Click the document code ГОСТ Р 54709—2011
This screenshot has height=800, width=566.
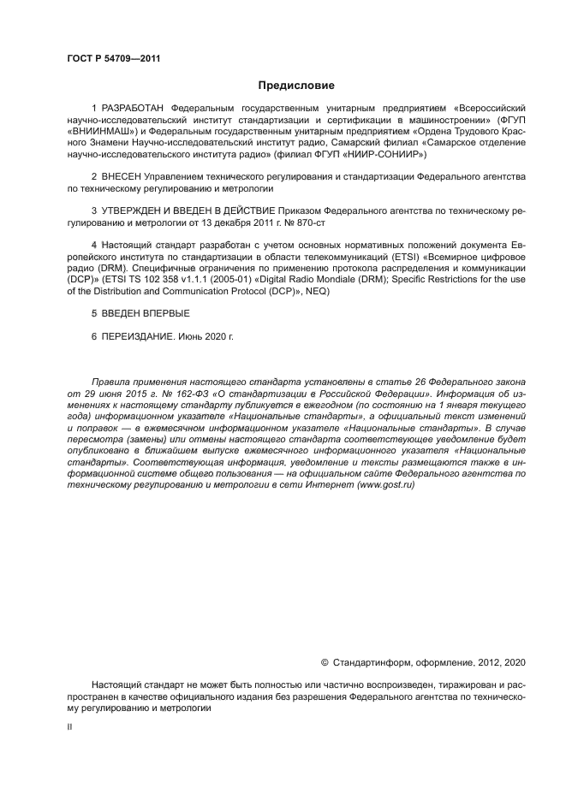click(x=113, y=58)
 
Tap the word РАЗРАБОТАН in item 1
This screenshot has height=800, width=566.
click(x=134, y=110)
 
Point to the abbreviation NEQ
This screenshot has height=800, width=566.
click(x=318, y=291)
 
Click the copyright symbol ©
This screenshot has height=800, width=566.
click(x=325, y=661)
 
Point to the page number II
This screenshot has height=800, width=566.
click(x=69, y=725)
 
